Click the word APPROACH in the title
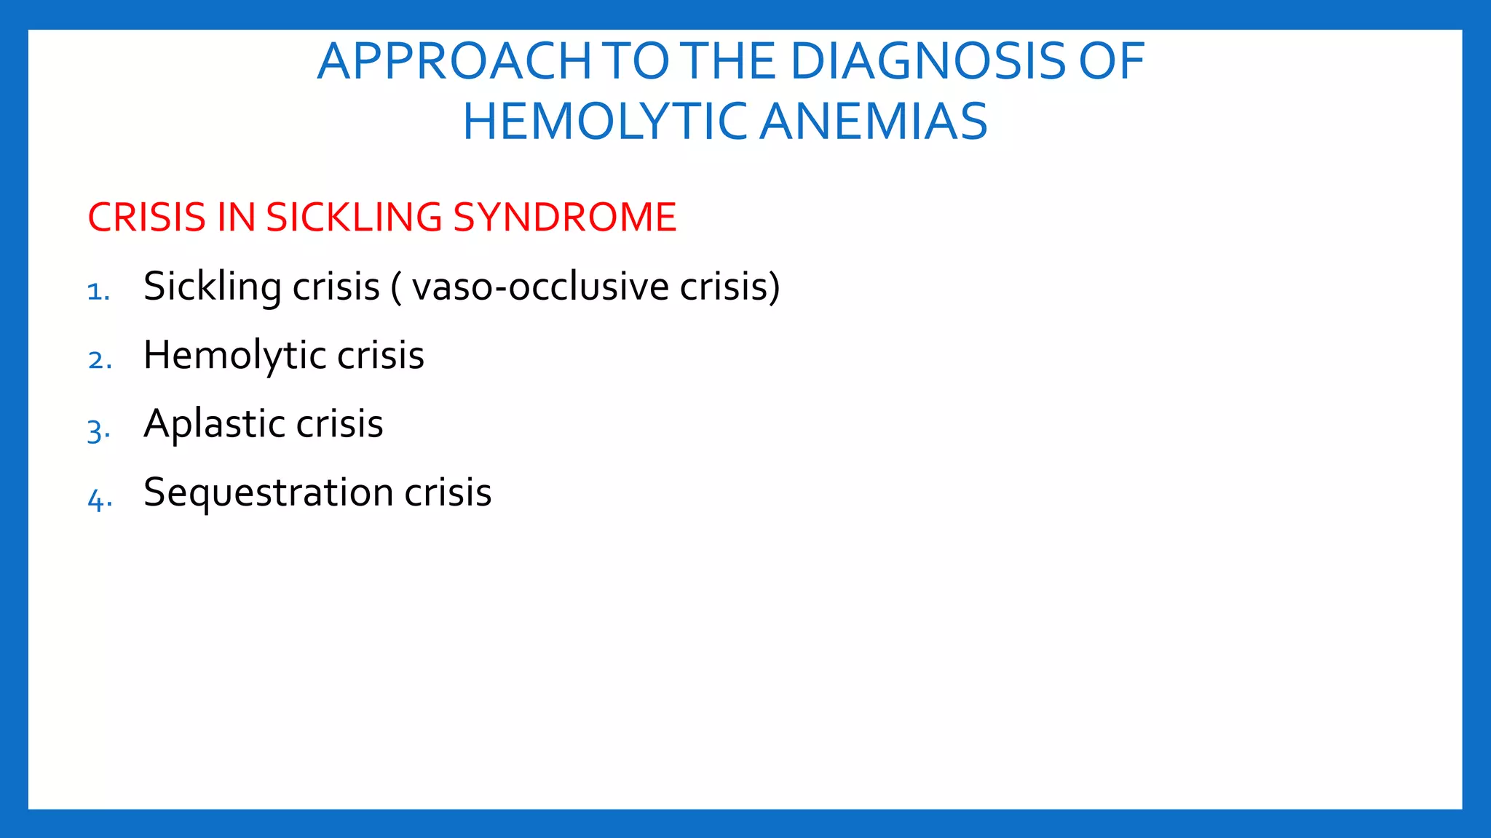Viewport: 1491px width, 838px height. [454, 62]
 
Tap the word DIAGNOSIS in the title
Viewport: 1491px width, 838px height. [927, 62]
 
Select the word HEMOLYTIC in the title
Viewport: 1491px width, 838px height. [604, 122]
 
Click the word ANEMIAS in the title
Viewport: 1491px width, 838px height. [874, 122]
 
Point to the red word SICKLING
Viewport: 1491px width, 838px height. [354, 218]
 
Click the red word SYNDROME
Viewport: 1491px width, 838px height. [564, 218]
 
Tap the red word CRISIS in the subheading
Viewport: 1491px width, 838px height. [146, 218]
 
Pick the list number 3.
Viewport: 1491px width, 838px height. [98, 430]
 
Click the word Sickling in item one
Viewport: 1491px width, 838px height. [212, 287]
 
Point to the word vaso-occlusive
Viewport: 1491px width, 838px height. [539, 287]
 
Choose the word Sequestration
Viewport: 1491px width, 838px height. [268, 492]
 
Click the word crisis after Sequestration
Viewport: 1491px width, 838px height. [448, 492]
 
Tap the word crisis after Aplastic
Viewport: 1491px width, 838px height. [339, 424]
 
